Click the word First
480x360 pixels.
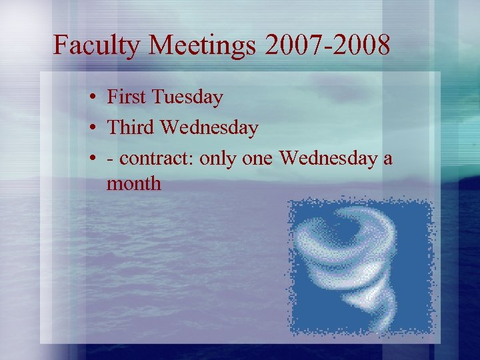127,97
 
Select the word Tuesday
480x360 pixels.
187,97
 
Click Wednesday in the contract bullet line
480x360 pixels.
327,158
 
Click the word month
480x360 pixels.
134,183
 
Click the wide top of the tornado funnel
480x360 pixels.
347,227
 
